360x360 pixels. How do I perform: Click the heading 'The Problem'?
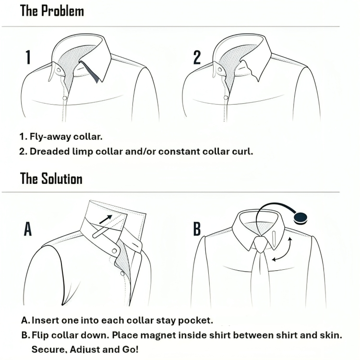pyautogui.click(x=52, y=11)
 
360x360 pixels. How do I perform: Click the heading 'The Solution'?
pyautogui.click(x=51, y=179)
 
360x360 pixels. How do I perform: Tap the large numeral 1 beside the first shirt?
pyautogui.click(x=28, y=58)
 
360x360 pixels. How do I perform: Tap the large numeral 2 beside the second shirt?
pyautogui.click(x=197, y=58)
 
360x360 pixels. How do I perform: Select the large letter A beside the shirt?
pyautogui.click(x=28, y=228)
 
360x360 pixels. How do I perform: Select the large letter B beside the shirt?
pyautogui.click(x=197, y=228)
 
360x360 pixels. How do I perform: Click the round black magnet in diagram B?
pyautogui.click(x=300, y=218)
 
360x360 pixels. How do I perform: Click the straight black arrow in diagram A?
pyautogui.click(x=106, y=219)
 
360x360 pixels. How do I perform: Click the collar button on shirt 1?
pyautogui.click(x=59, y=70)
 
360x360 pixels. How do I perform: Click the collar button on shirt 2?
pyautogui.click(x=220, y=70)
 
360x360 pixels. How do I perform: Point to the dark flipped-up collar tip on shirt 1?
pyautogui.click(x=91, y=72)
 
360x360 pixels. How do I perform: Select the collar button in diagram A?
pyautogui.click(x=114, y=251)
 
